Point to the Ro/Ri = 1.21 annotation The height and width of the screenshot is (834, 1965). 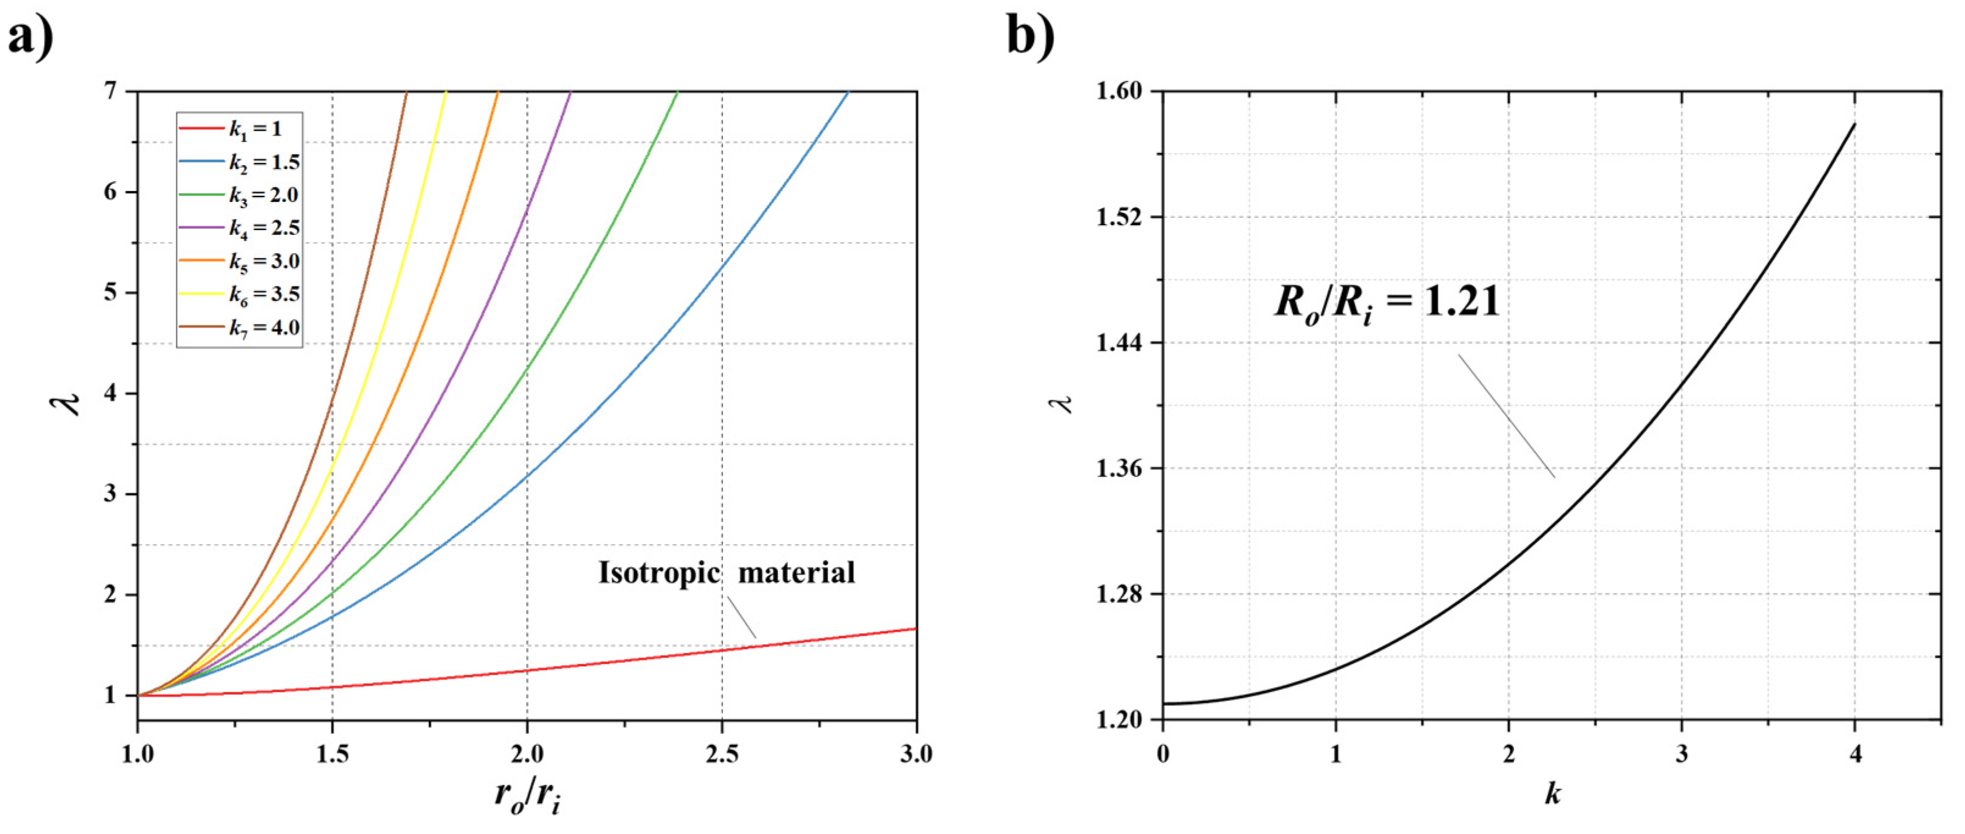click(x=1386, y=303)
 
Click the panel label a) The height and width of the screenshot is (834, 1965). click(x=31, y=37)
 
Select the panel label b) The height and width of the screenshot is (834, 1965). click(x=1030, y=37)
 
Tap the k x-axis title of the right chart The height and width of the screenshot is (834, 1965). click(x=1552, y=794)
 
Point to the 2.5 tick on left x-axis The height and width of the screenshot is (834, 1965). click(x=721, y=755)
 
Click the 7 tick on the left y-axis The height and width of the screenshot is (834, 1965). click(x=111, y=92)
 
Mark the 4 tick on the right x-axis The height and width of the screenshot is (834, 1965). click(x=1855, y=755)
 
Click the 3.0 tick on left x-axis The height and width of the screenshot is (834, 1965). click(x=916, y=755)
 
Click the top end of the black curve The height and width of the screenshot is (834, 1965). click(x=1855, y=124)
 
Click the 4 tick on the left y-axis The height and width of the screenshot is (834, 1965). click(x=111, y=394)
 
